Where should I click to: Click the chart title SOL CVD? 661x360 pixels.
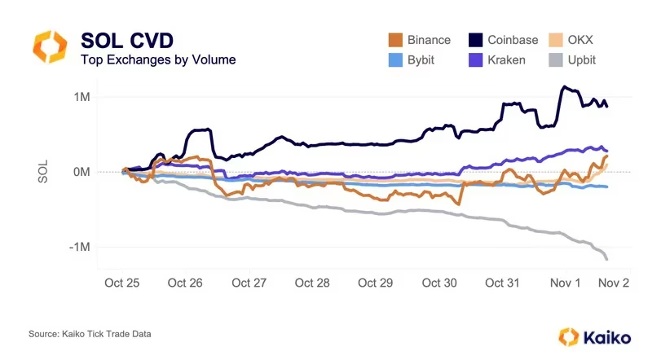point(126,40)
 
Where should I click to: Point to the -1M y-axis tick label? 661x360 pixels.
point(78,247)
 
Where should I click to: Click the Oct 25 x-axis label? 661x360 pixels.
point(121,283)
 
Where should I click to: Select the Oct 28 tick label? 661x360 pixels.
point(312,283)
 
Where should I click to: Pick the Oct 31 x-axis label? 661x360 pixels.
point(502,283)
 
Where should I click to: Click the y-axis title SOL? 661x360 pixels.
point(43,172)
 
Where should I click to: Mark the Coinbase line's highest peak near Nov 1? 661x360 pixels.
point(562,87)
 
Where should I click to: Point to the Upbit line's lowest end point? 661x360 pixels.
point(607,259)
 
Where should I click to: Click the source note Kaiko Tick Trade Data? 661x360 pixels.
point(90,334)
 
